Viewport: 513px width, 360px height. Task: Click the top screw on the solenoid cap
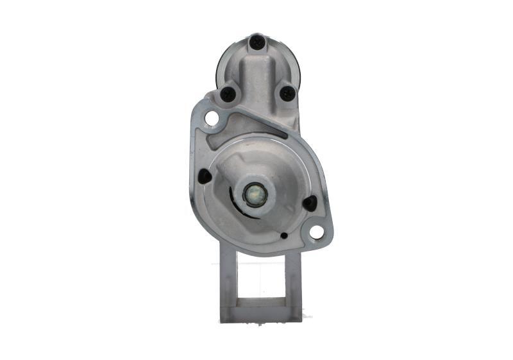(x=256, y=42)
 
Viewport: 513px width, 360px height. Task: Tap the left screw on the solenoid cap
(x=228, y=94)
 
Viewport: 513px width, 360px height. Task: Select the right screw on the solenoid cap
(x=287, y=94)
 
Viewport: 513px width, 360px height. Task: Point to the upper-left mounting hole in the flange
(x=211, y=118)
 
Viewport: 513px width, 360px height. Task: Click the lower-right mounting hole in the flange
(x=316, y=232)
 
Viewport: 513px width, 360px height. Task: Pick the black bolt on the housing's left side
(x=205, y=176)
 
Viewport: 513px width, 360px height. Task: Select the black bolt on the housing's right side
(x=310, y=203)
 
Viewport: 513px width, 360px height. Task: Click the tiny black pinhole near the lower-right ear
(x=283, y=236)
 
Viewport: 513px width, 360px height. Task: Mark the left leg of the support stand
(x=228, y=282)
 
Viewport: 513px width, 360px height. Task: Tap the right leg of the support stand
(x=292, y=282)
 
